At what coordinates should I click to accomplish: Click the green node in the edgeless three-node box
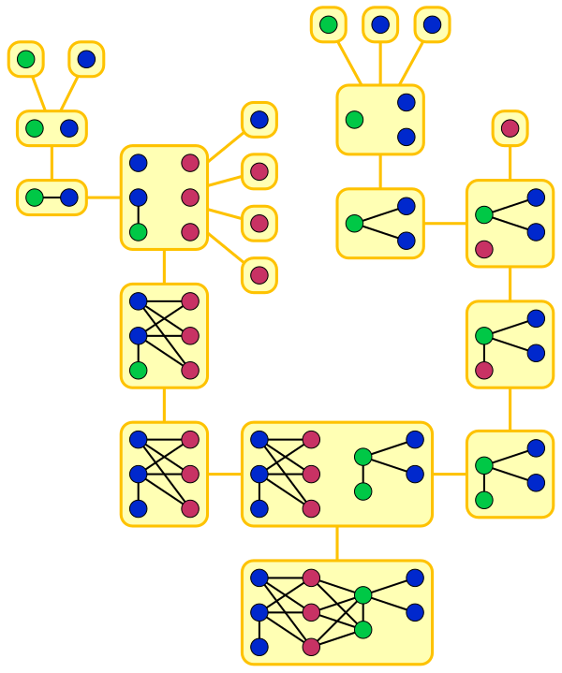click(354, 120)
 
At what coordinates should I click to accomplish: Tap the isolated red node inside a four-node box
click(484, 249)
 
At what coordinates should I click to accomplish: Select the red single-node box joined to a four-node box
click(510, 128)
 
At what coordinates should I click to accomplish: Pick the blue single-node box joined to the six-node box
click(259, 120)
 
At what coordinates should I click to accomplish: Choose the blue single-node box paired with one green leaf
click(86, 60)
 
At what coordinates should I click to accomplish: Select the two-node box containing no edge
click(52, 128)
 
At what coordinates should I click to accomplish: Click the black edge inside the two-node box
click(52, 198)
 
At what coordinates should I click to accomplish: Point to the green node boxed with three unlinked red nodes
click(138, 232)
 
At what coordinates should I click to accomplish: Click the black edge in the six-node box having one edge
click(138, 215)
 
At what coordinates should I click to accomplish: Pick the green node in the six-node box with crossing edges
click(138, 371)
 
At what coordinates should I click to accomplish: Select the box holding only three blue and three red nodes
click(164, 474)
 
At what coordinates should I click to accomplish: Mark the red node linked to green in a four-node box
click(484, 371)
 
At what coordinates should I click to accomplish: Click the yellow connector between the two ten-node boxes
click(337, 544)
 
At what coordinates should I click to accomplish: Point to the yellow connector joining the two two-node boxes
click(52, 163)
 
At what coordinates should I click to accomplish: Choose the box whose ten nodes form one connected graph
click(337, 612)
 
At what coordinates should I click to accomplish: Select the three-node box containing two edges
click(380, 224)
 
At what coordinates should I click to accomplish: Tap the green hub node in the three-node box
click(354, 224)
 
